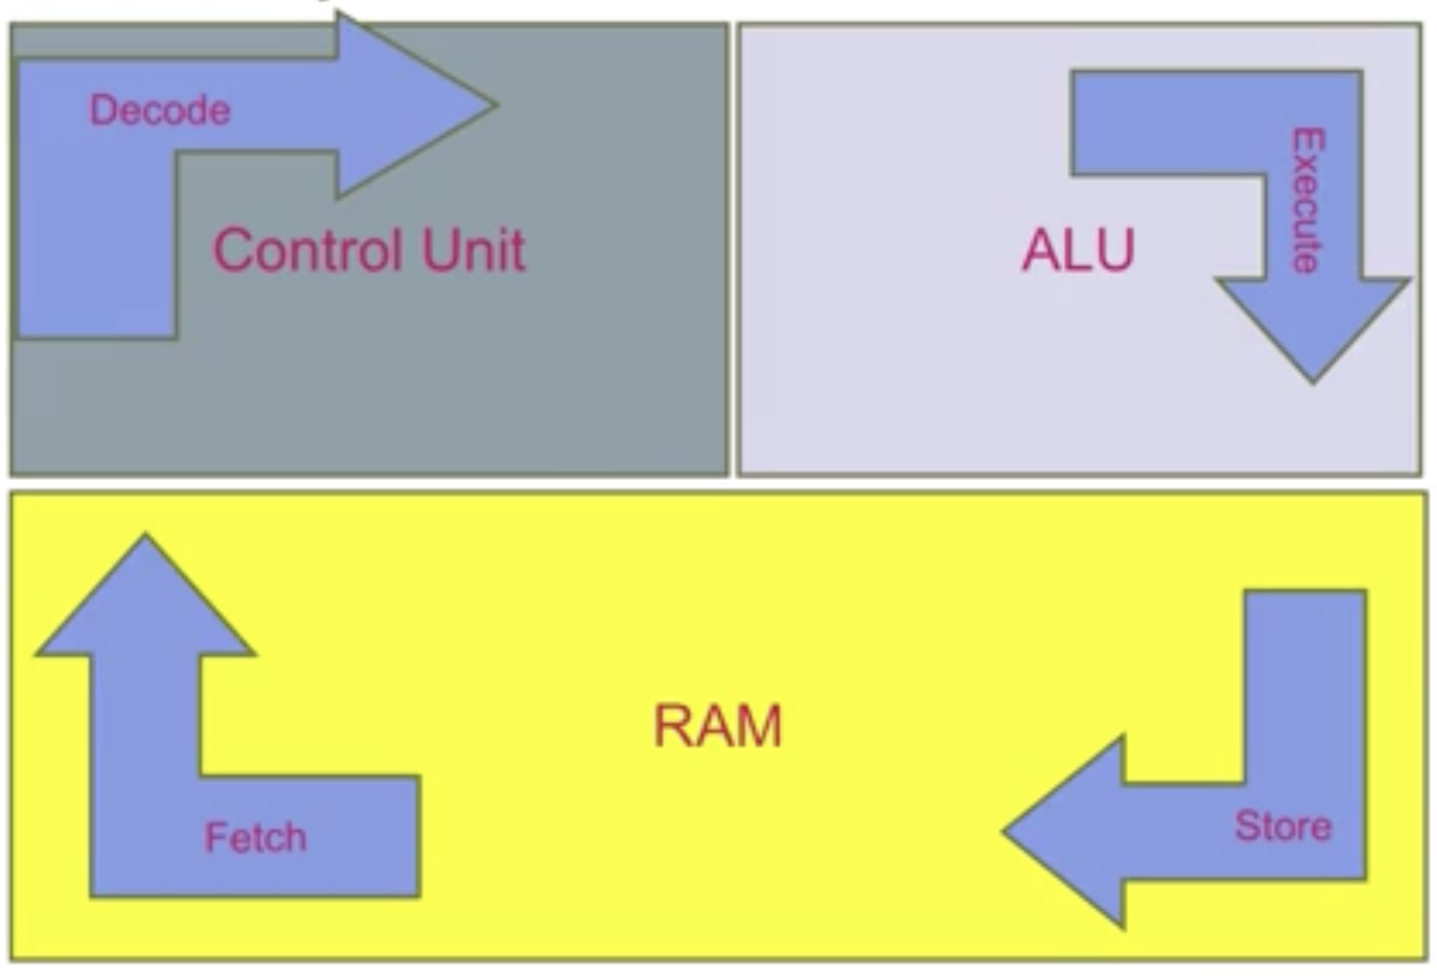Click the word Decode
coord(159,110)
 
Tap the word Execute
coord(1308,201)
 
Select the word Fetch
coord(255,837)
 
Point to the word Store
coord(1283,826)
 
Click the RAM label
coord(717,726)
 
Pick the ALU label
coord(1078,250)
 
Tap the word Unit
coord(473,250)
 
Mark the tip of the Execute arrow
coord(1313,381)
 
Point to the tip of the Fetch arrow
coord(145,537)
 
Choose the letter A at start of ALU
coord(1040,250)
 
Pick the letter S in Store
coord(1247,826)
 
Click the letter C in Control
coord(231,250)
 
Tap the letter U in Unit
coord(439,250)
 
